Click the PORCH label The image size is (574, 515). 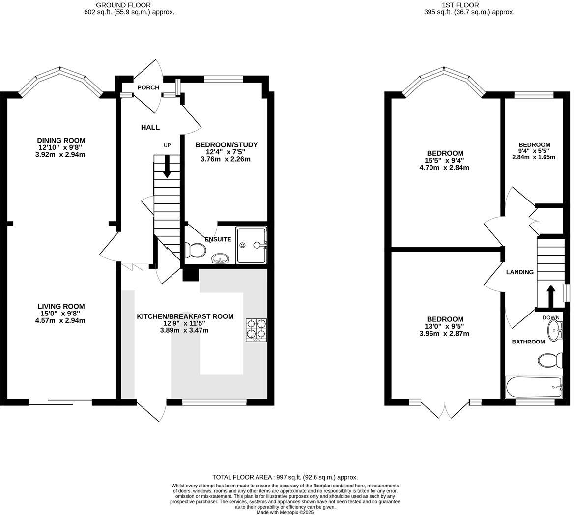tap(148, 87)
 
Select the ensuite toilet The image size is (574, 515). tap(195, 251)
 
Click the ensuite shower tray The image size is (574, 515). tap(251, 245)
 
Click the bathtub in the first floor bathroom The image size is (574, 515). tap(534, 387)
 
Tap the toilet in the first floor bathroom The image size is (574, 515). tap(550, 360)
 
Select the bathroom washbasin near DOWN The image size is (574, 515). tap(554, 331)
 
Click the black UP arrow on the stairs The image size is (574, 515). tap(167, 167)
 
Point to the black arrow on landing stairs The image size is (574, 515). tap(550, 295)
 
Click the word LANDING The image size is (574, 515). tap(519, 272)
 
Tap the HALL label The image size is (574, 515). tap(150, 127)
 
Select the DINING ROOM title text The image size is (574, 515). tap(61, 140)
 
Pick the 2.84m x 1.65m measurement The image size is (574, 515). tap(533, 157)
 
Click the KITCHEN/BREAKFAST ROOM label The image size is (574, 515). tap(185, 316)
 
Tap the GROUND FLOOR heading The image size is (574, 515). tap(129, 5)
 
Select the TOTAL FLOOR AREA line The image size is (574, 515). tap(285, 477)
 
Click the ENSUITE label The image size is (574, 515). tap(218, 239)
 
